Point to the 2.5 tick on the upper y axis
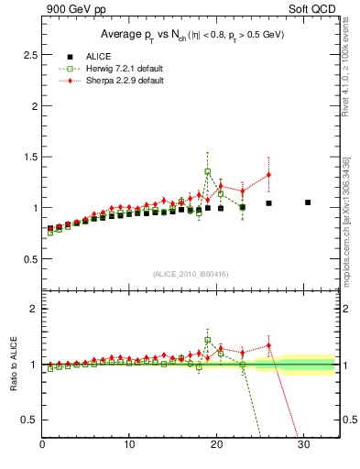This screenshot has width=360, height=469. pos(30,55)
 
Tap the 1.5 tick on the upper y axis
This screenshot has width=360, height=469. pos(30,157)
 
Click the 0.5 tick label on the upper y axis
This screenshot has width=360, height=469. pos(30,259)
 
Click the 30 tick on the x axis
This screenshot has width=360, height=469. pos(302,445)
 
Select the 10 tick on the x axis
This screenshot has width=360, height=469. pos(129,445)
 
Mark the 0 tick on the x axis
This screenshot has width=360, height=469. pos(43,445)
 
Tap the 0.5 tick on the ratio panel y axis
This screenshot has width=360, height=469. pos(30,420)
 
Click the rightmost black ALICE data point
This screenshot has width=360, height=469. pos(308,202)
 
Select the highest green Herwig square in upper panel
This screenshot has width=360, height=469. pos(208,171)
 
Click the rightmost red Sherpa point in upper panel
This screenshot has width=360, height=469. pos(268,175)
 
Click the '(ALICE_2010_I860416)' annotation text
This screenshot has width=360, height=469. pos(191,274)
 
